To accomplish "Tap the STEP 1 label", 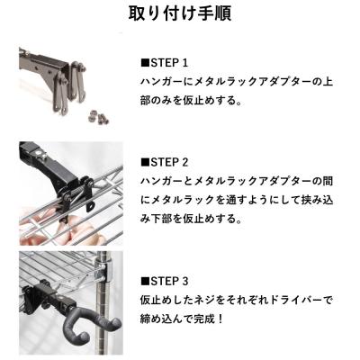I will coord(168,64).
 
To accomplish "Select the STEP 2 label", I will coord(168,163).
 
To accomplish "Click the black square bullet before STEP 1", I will coord(144,64).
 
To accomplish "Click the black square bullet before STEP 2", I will coord(144,163).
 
